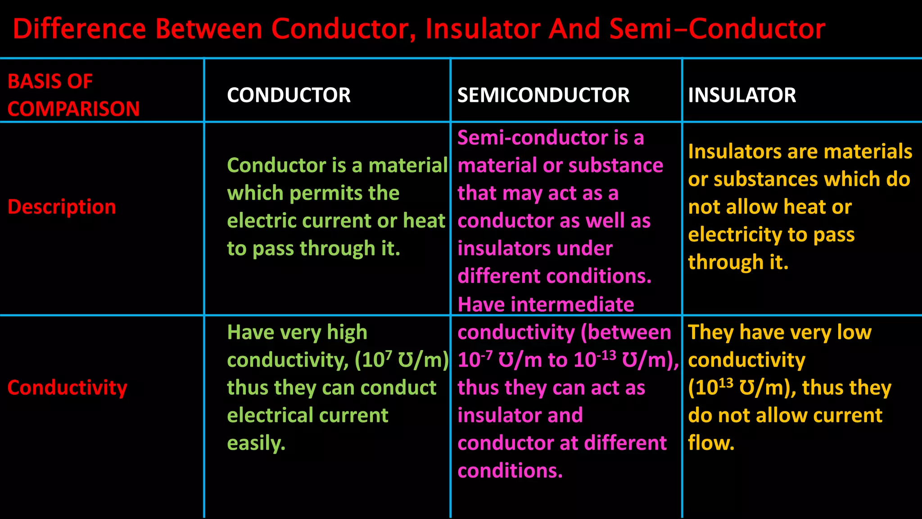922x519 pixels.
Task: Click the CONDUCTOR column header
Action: pos(289,95)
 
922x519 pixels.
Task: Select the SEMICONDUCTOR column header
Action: pos(543,95)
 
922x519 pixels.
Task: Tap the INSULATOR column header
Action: pos(742,95)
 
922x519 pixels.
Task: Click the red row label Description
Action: pos(62,207)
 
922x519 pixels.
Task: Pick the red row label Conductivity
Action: pos(68,387)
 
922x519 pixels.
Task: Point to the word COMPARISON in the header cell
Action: pos(73,109)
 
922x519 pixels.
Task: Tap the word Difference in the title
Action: pos(79,29)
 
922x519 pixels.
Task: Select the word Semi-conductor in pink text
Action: pos(532,138)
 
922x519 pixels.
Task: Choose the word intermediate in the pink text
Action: pos(572,305)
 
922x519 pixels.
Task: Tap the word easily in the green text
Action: pos(256,443)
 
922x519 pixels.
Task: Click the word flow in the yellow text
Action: pos(710,443)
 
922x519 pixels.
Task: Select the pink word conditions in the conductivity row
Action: pos(510,471)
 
